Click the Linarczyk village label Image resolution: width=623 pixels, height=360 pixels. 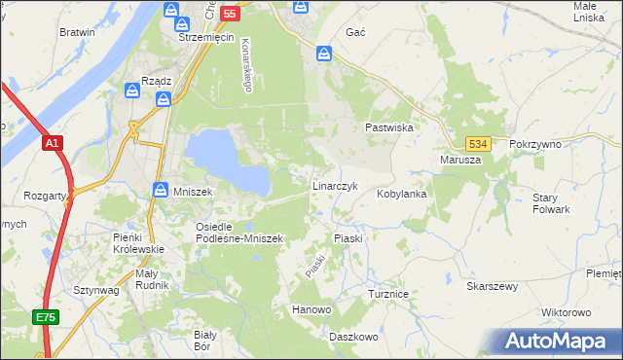click(335, 185)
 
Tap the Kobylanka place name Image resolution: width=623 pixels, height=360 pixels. click(402, 194)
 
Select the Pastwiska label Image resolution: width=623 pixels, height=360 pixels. click(389, 127)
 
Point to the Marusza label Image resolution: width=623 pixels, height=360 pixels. click(459, 160)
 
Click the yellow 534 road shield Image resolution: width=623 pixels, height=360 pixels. click(476, 143)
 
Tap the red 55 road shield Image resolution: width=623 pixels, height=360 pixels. click(229, 13)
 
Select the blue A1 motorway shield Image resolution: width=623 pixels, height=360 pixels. click(53, 143)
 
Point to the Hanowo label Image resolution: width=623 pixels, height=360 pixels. click(311, 310)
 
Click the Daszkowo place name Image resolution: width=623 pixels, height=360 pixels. click(352, 337)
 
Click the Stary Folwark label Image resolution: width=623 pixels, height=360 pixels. click(551, 203)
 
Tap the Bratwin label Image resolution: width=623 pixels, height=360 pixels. click(77, 32)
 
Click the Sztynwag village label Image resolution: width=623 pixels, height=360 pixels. click(95, 290)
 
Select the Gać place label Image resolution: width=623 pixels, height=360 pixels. click(355, 32)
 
